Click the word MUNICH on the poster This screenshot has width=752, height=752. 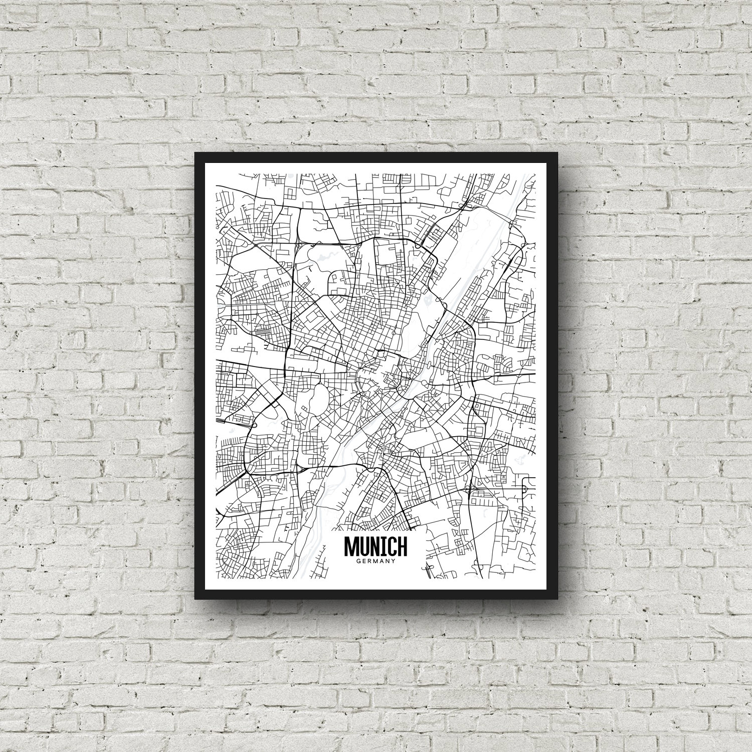point(376,546)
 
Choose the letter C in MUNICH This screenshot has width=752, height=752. point(391,546)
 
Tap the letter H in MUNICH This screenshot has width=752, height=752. point(402,546)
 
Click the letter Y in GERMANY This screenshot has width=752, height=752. point(395,561)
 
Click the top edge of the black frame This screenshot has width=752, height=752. point(376,157)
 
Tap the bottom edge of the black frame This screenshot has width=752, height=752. point(376,594)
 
